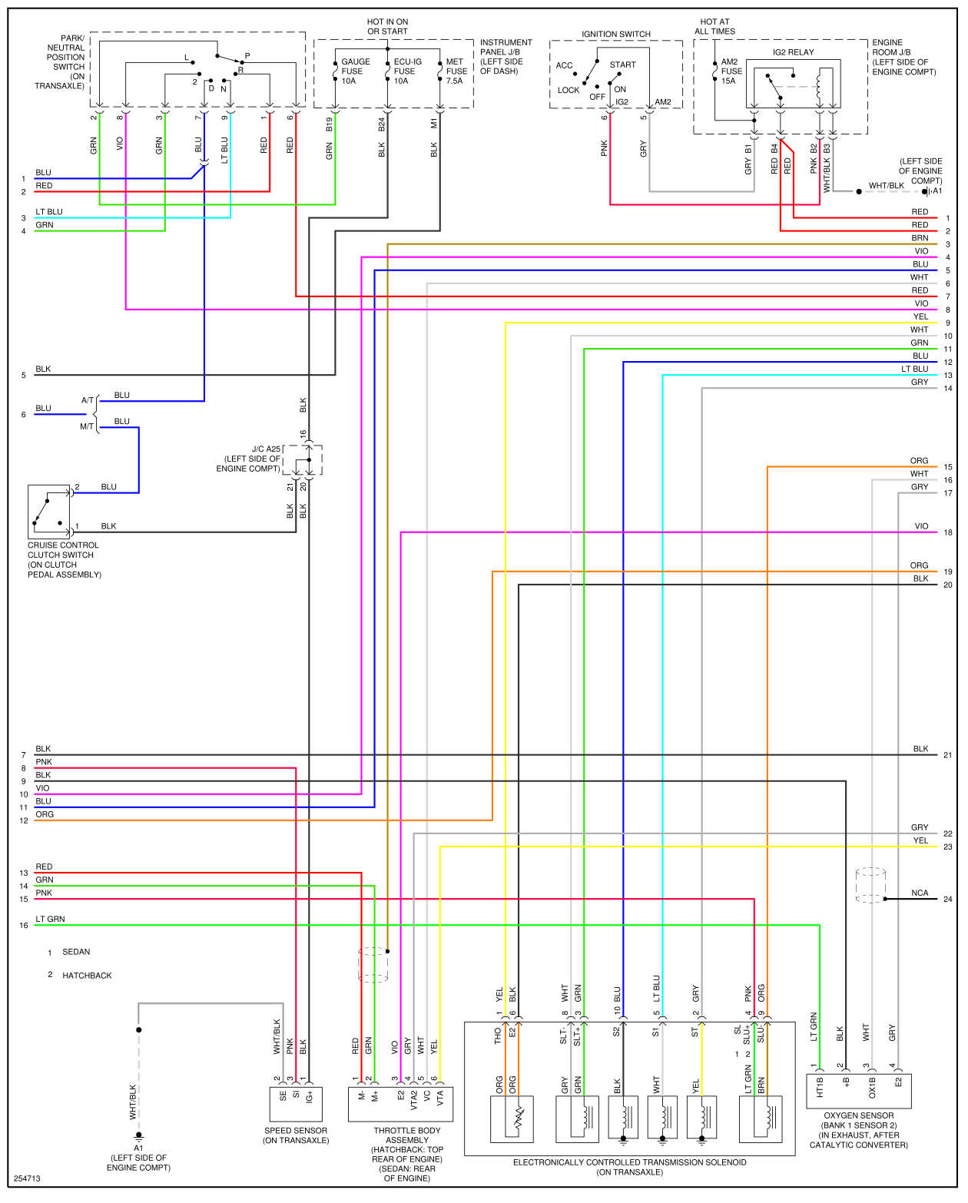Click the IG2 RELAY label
click(793, 52)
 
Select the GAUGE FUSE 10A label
click(355, 71)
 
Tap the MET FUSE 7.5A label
click(456, 71)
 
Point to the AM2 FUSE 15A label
click(731, 71)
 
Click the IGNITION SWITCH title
click(615, 34)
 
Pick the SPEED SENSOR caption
click(296, 1135)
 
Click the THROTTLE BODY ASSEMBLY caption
click(407, 1135)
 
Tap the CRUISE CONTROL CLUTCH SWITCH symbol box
click(48, 511)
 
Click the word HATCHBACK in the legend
click(87, 976)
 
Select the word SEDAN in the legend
click(76, 952)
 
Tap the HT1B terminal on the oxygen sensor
click(820, 1087)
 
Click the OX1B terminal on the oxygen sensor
click(872, 1087)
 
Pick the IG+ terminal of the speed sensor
click(309, 1096)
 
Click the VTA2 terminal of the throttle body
click(413, 1099)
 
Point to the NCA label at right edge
click(920, 893)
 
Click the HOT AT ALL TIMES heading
click(714, 27)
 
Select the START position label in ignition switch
click(622, 65)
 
